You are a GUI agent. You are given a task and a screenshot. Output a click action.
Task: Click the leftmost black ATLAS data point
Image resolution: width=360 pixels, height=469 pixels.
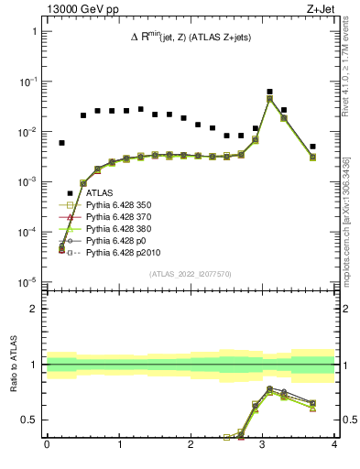click(x=61, y=143)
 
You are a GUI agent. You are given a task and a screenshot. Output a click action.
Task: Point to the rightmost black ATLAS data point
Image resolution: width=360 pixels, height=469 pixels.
click(x=312, y=147)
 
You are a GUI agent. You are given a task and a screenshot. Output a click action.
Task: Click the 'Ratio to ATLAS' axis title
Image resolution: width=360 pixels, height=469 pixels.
click(x=13, y=365)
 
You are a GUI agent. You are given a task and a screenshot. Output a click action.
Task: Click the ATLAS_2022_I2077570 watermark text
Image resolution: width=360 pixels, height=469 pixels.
click(x=190, y=274)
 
